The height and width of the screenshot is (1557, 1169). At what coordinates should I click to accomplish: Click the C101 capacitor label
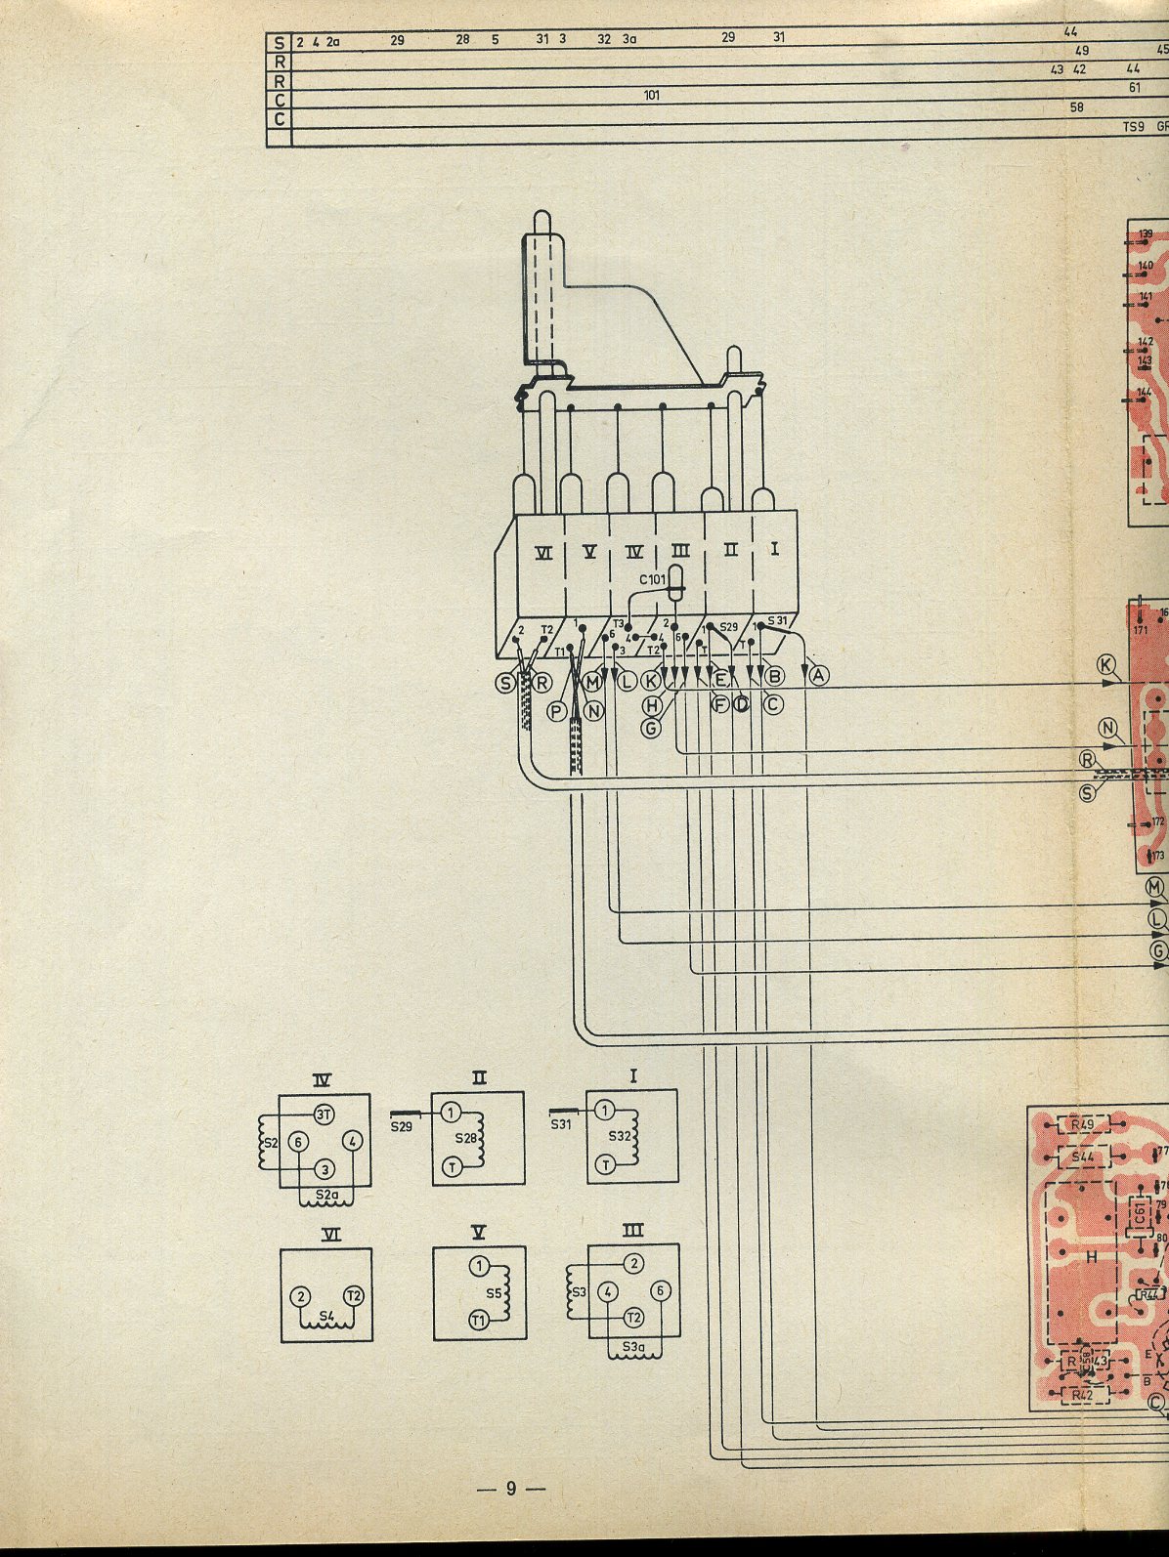[652, 580]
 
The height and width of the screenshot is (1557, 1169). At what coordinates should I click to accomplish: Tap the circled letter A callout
[818, 675]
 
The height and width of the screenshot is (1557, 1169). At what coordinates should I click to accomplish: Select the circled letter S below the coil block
[506, 683]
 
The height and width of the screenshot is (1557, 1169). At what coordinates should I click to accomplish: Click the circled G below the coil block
[652, 727]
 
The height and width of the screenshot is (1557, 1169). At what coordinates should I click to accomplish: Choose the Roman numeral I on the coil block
[774, 551]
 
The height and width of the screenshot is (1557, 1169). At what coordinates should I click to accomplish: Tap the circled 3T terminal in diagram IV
[324, 1115]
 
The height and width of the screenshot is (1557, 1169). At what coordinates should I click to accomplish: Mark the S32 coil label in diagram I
[616, 1137]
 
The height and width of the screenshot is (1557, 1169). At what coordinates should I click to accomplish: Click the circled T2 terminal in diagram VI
[353, 1295]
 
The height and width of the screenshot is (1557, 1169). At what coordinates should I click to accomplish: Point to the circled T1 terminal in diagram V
[478, 1322]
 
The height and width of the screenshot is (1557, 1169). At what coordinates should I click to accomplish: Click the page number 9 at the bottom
[510, 1517]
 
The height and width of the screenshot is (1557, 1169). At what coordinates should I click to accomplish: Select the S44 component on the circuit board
[1082, 1157]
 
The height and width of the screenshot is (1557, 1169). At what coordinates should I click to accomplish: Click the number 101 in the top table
[652, 96]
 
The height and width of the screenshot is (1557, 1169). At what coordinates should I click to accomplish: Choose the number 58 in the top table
[1077, 108]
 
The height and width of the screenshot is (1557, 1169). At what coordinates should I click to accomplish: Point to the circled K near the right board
[1106, 665]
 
